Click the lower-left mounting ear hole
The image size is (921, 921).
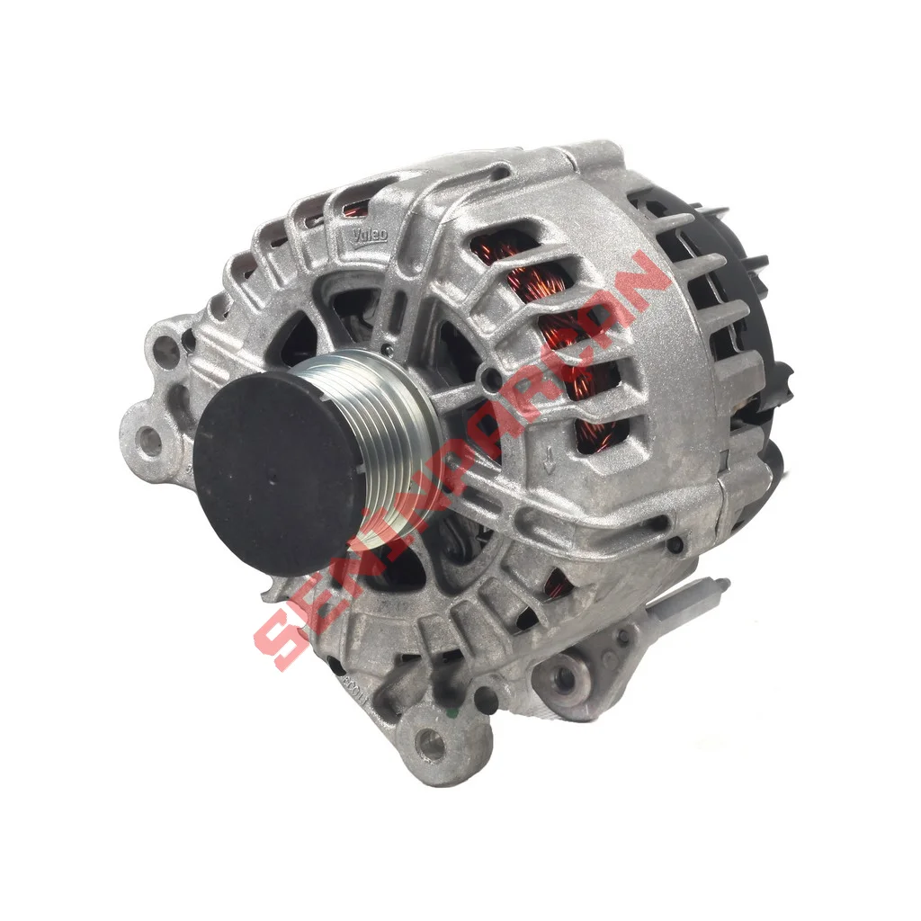point(148,442)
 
